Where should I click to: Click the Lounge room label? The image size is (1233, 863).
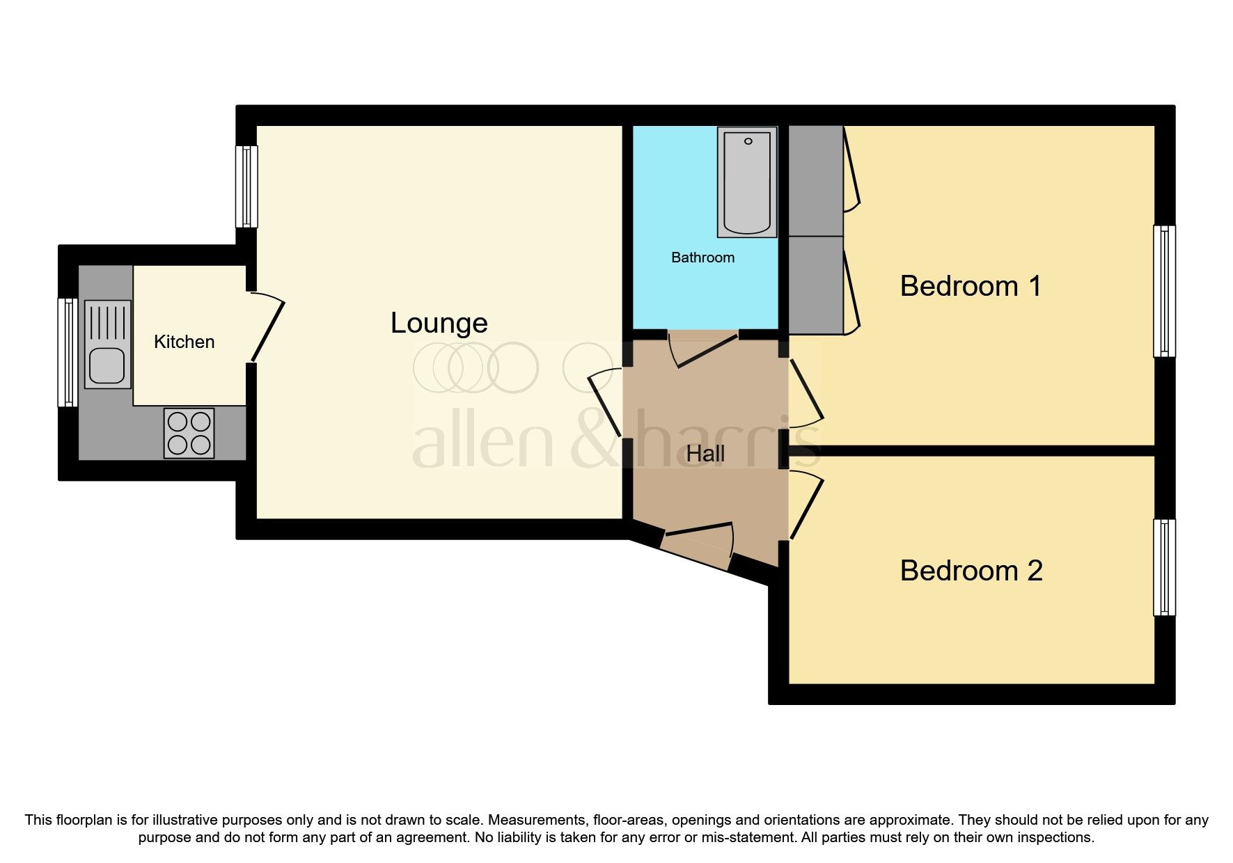pyautogui.click(x=439, y=324)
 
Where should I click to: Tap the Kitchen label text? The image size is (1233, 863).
pyautogui.click(x=184, y=342)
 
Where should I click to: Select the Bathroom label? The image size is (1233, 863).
pyautogui.click(x=702, y=258)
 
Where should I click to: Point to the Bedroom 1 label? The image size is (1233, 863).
pyautogui.click(x=970, y=286)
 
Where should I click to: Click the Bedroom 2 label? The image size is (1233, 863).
pyautogui.click(x=971, y=571)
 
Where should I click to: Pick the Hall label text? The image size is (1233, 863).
pyautogui.click(x=705, y=454)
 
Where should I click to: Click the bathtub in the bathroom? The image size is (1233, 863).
pyautogui.click(x=747, y=182)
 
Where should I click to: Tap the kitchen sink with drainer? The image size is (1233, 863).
pyautogui.click(x=107, y=344)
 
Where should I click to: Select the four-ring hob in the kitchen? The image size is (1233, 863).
pyautogui.click(x=189, y=433)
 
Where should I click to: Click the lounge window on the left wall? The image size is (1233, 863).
pyautogui.click(x=246, y=186)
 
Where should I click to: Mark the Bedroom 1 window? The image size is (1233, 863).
pyautogui.click(x=1164, y=291)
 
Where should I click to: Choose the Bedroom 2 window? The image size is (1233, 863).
pyautogui.click(x=1164, y=567)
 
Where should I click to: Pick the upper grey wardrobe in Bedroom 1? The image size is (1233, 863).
pyautogui.click(x=815, y=180)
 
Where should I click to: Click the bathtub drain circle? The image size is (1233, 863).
pyautogui.click(x=748, y=141)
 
